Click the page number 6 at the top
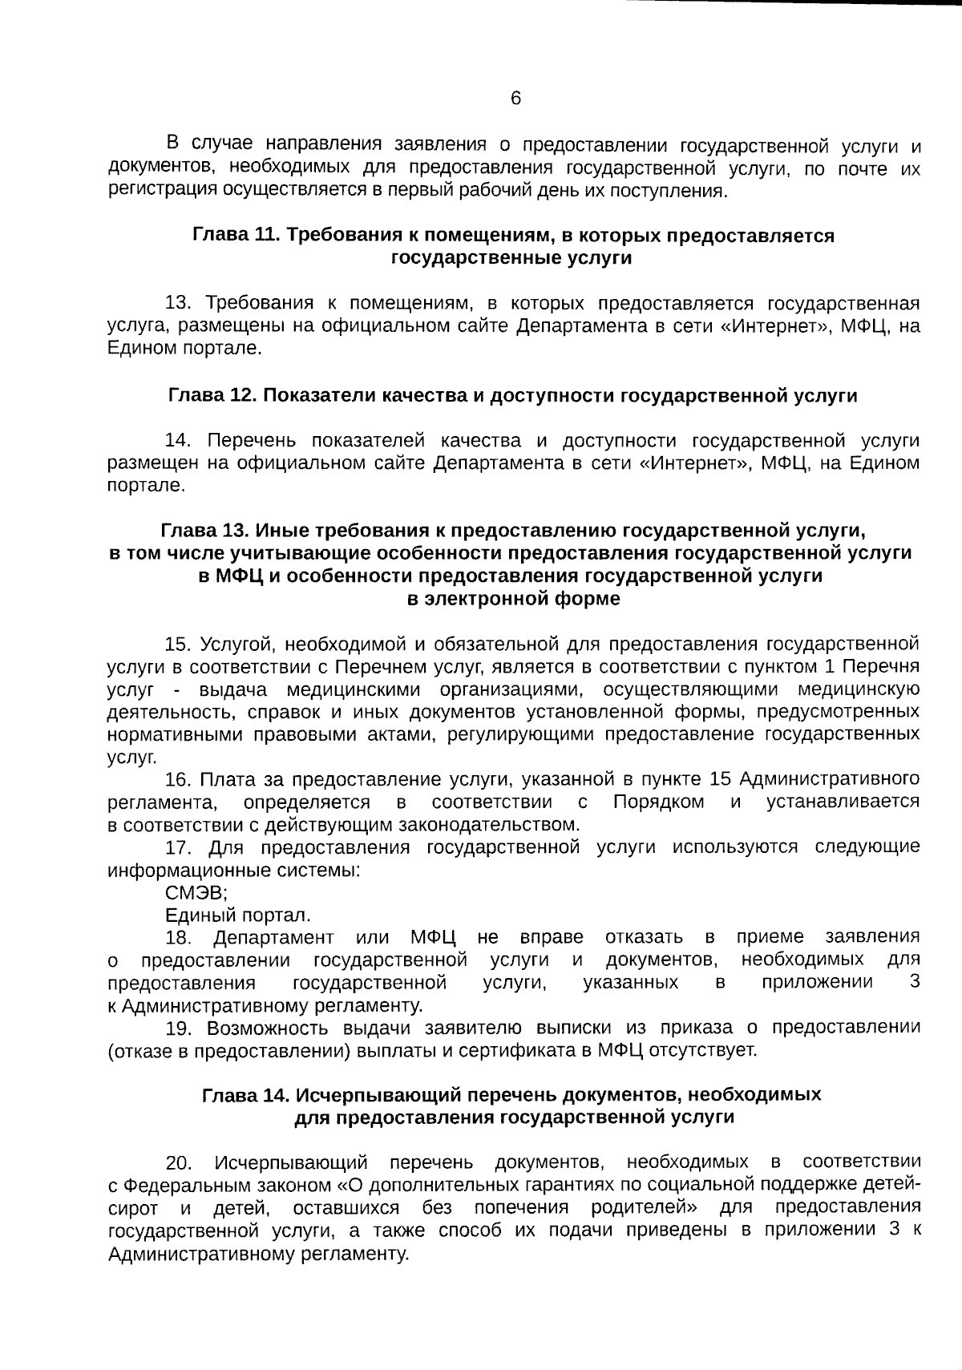515,99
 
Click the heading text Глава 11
236,236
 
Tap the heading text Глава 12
212,396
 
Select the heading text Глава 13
205,531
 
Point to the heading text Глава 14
246,1095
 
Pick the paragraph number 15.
176,645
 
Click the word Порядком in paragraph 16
658,802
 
